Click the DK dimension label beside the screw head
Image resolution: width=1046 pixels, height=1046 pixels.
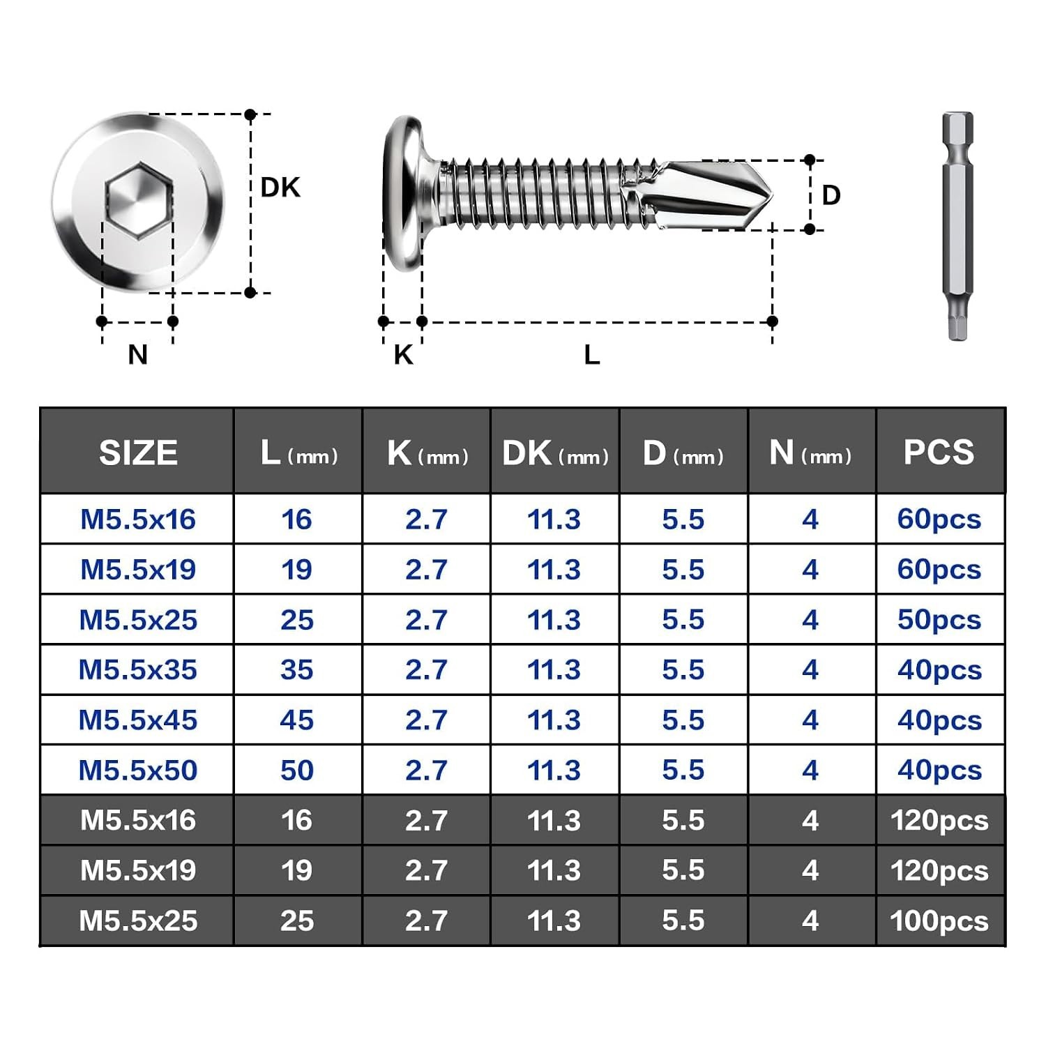click(280, 188)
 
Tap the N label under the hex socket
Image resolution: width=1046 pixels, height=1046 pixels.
click(138, 355)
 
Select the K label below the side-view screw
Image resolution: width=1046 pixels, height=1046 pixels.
click(403, 355)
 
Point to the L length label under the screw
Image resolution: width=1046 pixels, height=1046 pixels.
click(592, 355)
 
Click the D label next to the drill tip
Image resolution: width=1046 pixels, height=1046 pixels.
click(831, 195)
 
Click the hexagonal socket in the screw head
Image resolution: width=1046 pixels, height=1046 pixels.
click(138, 202)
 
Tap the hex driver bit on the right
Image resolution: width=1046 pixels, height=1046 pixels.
click(957, 227)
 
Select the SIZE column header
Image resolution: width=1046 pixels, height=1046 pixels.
click(138, 453)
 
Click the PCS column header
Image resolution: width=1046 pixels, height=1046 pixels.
click(939, 453)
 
